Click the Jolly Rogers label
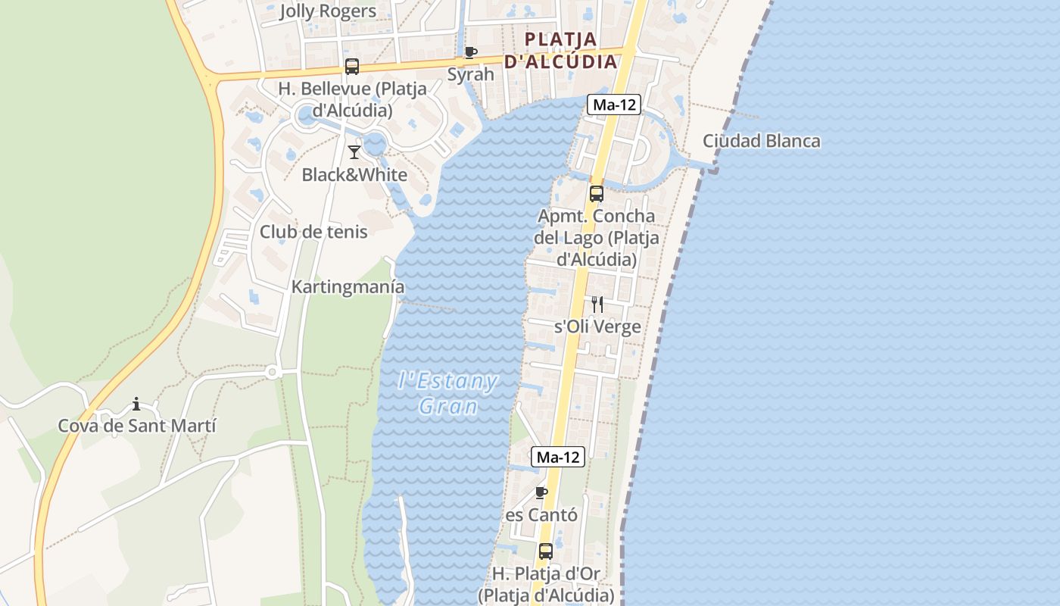click(x=328, y=11)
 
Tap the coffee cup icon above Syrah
click(x=470, y=52)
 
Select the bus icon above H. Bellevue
click(x=352, y=66)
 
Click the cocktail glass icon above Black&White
click(x=354, y=152)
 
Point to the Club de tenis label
click(x=313, y=232)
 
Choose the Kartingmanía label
click(x=348, y=288)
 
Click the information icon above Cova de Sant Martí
click(x=136, y=404)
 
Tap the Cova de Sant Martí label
click(x=137, y=426)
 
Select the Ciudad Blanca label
click(x=761, y=141)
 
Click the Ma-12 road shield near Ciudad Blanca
click(x=613, y=105)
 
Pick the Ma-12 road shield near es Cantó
click(x=559, y=457)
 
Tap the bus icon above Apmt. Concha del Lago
click(x=597, y=194)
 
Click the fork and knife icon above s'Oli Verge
click(x=597, y=305)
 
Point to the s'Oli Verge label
click(x=597, y=327)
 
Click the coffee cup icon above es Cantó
click(x=541, y=493)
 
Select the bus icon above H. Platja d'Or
click(x=546, y=551)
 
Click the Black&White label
click(x=354, y=175)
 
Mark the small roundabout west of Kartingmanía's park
click(x=273, y=371)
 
